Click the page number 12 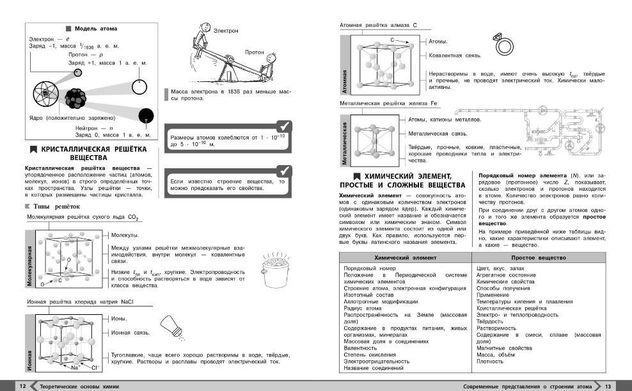point(22,386)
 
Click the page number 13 point(609,386)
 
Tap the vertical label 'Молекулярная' point(29,263)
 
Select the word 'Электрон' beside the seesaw point(226,30)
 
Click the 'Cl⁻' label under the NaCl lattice point(95,368)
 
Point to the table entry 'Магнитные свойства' point(504,348)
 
